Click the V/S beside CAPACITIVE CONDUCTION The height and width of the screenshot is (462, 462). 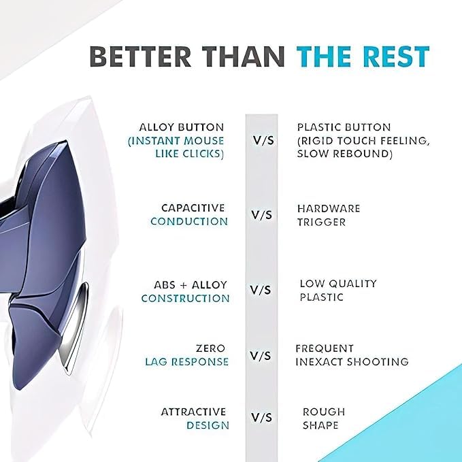click(x=261, y=215)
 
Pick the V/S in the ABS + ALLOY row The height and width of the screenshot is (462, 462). click(x=261, y=291)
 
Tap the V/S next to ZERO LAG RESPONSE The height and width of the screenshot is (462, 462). click(x=261, y=356)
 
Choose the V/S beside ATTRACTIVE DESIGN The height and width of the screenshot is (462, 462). click(x=261, y=418)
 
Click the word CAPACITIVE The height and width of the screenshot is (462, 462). click(x=193, y=208)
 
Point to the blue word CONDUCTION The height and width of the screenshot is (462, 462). click(x=189, y=222)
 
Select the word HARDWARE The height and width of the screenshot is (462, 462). click(x=329, y=208)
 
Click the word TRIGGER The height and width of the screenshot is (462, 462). click(x=321, y=222)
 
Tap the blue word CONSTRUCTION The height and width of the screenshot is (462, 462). click(x=185, y=299)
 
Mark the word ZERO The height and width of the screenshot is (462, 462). click(x=211, y=348)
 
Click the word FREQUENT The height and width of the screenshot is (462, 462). click(x=325, y=348)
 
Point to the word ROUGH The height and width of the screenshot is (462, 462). click(x=324, y=412)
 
